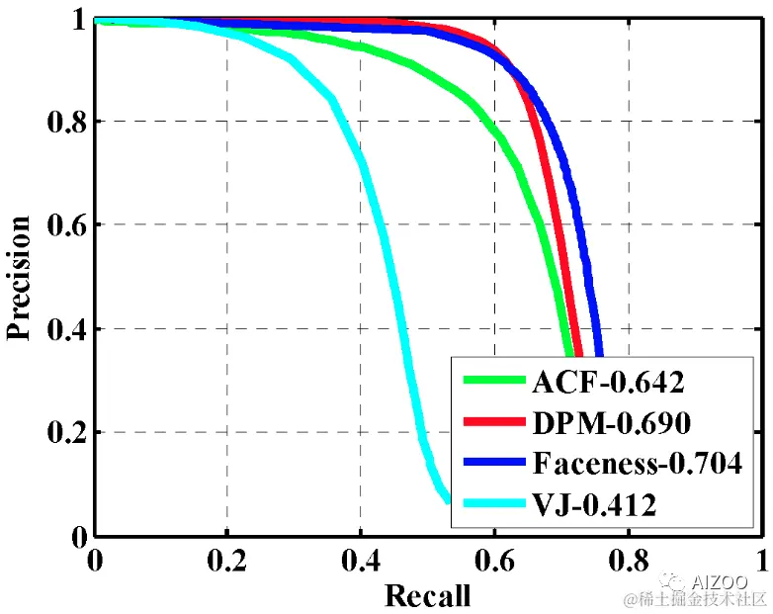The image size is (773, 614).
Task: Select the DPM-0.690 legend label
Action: [611, 422]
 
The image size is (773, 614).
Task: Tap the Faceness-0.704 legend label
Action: [637, 464]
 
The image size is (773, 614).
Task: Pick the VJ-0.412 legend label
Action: [594, 506]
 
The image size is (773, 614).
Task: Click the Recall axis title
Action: [427, 595]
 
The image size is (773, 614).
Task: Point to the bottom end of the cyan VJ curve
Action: [446, 499]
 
